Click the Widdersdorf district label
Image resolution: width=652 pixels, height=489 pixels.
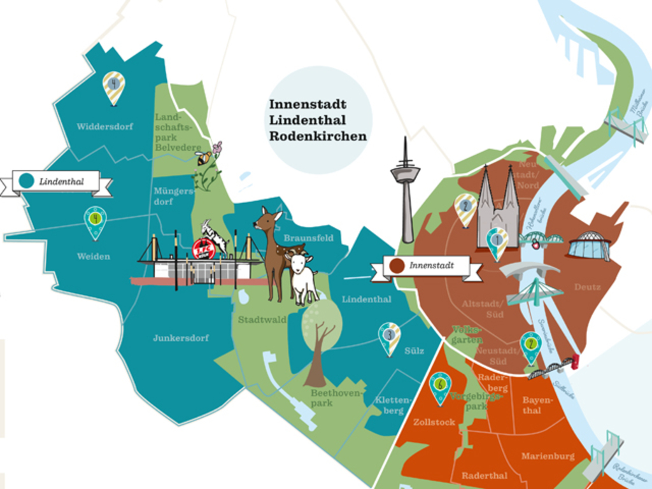coord(105,126)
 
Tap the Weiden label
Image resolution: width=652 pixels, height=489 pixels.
coord(94,257)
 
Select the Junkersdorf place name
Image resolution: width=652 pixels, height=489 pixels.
coord(180,338)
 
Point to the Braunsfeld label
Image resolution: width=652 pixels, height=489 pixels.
coord(309,238)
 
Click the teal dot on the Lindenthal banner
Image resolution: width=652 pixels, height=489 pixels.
coord(26,181)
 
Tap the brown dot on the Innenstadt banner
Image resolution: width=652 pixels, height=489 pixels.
coord(397,265)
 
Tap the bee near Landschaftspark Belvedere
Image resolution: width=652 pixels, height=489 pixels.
coord(204,157)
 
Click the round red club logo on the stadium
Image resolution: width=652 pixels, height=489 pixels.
coord(204,249)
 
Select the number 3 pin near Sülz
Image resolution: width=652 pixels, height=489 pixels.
coord(389,337)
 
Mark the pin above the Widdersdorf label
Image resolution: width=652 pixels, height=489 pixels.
coord(113,87)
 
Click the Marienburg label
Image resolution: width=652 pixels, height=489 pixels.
coord(548,456)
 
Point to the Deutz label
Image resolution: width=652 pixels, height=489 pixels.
coord(587,287)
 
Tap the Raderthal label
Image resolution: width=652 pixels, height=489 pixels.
coord(485,475)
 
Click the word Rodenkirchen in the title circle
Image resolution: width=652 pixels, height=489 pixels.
coord(318,136)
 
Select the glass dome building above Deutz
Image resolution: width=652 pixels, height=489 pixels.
coord(589,245)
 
